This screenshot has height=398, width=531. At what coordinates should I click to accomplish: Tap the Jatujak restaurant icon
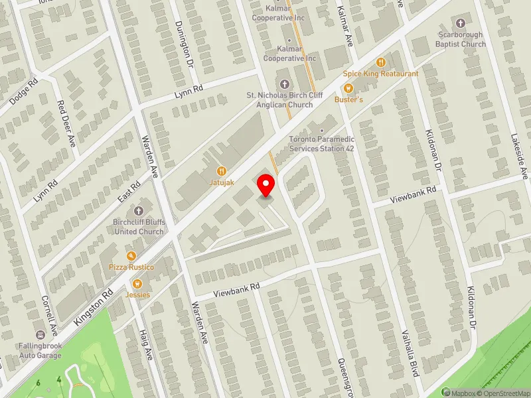(221, 170)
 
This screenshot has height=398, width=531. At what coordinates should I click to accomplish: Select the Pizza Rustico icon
(131, 256)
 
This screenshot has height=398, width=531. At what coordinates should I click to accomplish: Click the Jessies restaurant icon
(139, 284)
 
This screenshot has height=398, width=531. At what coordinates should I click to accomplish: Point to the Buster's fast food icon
(346, 88)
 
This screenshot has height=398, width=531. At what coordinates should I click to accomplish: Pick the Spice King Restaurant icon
(380, 62)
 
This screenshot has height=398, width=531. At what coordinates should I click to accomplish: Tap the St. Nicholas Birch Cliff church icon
(285, 84)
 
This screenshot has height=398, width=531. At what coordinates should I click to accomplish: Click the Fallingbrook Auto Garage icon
(41, 335)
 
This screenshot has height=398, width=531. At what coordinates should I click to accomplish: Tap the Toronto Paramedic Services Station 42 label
(321, 144)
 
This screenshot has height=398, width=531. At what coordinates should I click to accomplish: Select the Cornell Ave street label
(48, 314)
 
